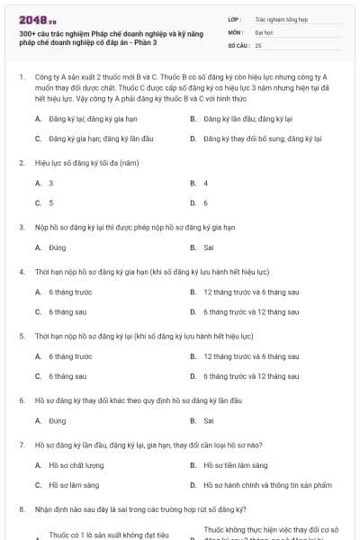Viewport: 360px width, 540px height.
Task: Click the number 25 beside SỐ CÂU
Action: (258, 44)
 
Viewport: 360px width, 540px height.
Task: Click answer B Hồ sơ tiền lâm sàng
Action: (235, 464)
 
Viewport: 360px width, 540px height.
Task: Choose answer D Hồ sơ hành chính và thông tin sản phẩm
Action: (260, 484)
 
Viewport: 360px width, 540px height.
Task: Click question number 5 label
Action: (21, 335)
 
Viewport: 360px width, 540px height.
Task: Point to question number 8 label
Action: (21, 508)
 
